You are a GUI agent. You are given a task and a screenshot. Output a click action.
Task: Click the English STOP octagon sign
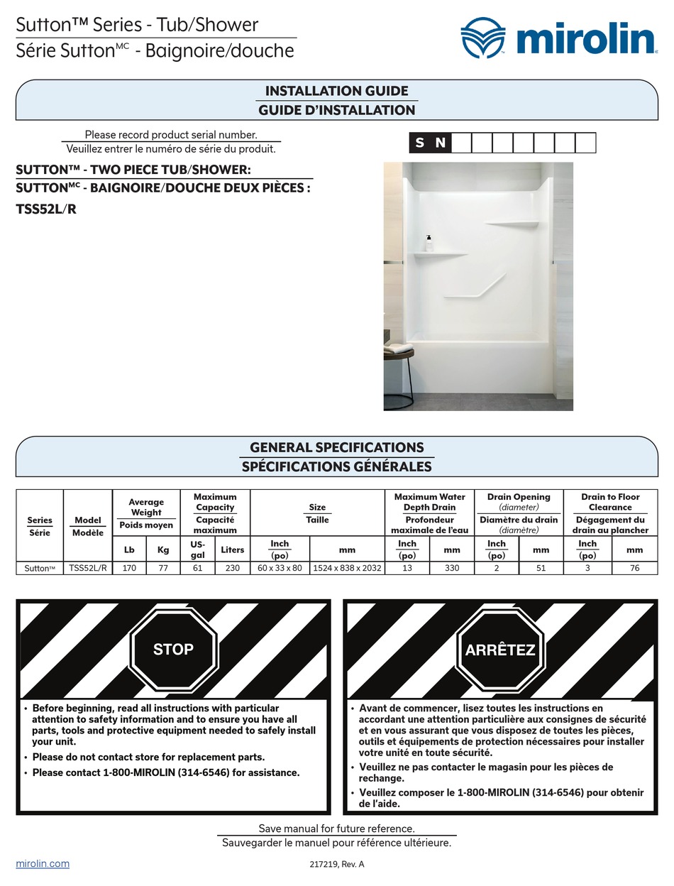pyautogui.click(x=173, y=649)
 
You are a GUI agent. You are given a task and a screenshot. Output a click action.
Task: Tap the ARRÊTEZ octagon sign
pyautogui.click(x=499, y=650)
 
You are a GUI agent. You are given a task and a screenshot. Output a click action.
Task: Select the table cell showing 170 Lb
pyautogui.click(x=129, y=568)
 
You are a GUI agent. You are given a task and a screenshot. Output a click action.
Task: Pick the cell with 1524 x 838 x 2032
pyautogui.click(x=347, y=568)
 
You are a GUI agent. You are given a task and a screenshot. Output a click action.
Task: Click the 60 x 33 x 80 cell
pyautogui.click(x=280, y=568)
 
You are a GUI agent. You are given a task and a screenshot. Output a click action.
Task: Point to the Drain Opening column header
pyautogui.click(x=518, y=497)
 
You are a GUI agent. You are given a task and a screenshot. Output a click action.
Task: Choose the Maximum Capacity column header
pyautogui.click(x=214, y=502)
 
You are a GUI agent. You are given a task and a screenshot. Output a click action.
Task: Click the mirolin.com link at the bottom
pyautogui.click(x=43, y=863)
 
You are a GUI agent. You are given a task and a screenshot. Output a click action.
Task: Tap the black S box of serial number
pyautogui.click(x=420, y=143)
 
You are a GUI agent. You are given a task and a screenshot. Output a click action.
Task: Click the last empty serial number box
pyautogui.click(x=585, y=143)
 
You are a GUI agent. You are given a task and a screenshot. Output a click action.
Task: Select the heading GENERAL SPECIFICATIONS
pyautogui.click(x=336, y=447)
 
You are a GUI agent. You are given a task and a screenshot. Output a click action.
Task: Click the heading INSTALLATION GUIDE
pyautogui.click(x=336, y=91)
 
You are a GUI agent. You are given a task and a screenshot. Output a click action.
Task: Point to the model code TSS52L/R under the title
pyautogui.click(x=45, y=209)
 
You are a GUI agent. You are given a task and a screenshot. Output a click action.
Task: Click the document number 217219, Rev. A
pyautogui.click(x=336, y=865)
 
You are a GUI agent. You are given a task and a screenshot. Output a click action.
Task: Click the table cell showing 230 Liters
pyautogui.click(x=232, y=568)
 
